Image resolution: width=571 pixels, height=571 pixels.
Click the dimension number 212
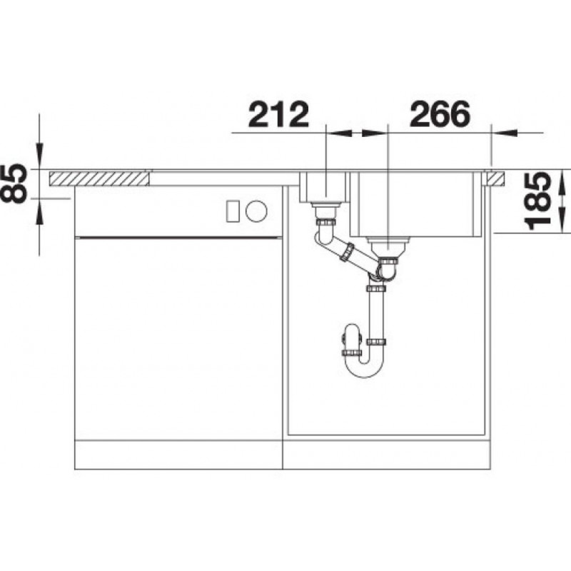click(278, 115)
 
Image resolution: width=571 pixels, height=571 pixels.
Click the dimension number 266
click(440, 115)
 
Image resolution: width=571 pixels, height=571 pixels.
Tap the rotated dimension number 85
click(14, 184)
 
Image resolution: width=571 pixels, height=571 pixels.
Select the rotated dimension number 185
click(538, 201)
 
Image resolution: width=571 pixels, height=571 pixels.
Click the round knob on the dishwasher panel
click(256, 211)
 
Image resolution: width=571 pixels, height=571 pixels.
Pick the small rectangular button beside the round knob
click(233, 211)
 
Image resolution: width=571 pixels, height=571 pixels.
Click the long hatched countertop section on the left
click(99, 178)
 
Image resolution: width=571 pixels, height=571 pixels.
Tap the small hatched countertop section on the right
click(495, 178)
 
